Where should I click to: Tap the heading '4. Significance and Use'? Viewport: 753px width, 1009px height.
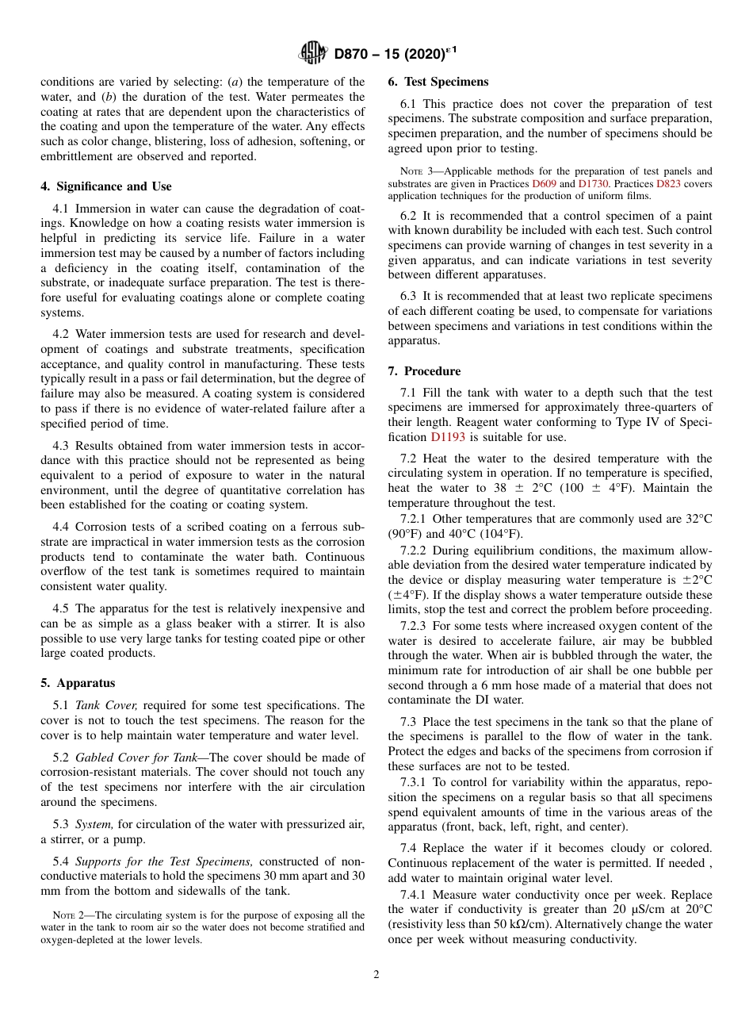point(106,186)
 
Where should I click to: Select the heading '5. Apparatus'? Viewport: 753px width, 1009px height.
point(78,683)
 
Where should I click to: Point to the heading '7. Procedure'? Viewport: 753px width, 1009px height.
point(424,371)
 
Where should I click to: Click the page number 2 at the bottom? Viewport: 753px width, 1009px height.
point(376,975)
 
